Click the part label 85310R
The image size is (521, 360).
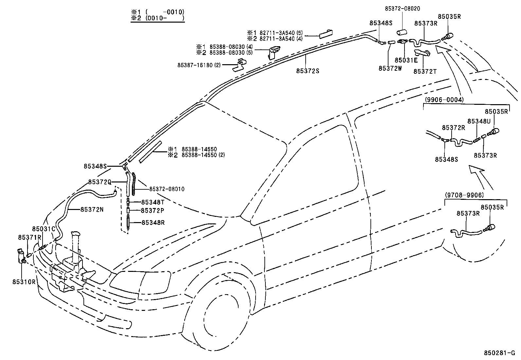tap(24, 281)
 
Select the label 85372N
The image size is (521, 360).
tap(92, 210)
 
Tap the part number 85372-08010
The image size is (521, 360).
tap(167, 189)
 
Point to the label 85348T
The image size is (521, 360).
tap(153, 202)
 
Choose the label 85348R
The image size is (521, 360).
tap(153, 223)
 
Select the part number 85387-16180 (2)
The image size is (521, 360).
tap(199, 65)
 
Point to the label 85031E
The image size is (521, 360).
tap(406, 60)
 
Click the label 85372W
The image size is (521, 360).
tap(390, 68)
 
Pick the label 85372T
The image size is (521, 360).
tap(425, 71)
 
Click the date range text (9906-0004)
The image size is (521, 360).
tap(444, 100)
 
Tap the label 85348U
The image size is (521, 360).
tap(479, 121)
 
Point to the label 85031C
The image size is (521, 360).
tap(44, 229)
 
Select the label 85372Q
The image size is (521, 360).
tap(100, 182)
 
